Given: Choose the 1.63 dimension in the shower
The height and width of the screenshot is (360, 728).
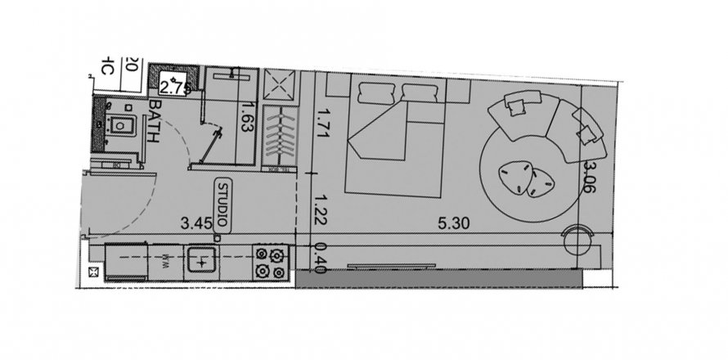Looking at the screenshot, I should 243,121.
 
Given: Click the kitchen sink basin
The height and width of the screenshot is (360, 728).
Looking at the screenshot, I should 200,262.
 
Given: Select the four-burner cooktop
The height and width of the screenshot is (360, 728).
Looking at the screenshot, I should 271,262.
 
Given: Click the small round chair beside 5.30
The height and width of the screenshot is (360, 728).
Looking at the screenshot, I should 577,241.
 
